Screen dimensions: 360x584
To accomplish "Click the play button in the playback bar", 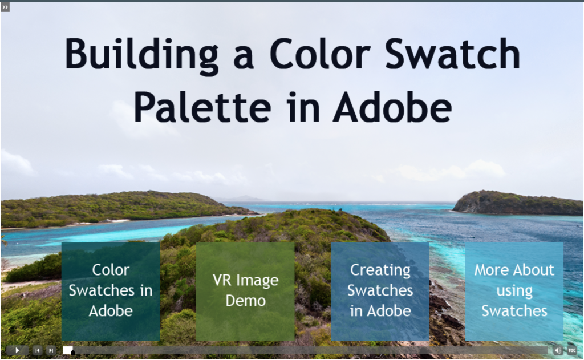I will click(17, 350).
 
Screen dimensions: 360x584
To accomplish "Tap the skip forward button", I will click(51, 350).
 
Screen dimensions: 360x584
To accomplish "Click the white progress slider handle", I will click(68, 350).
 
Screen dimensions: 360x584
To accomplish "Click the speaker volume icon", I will click(558, 350).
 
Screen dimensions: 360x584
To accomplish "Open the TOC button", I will click(571, 350).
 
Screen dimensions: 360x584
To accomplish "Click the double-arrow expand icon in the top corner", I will click(5, 7).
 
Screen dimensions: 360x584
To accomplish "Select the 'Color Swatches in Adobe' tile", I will click(111, 291).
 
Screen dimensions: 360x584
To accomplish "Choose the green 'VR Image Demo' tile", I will click(245, 291).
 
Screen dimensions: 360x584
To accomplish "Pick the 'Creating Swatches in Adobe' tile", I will click(380, 291).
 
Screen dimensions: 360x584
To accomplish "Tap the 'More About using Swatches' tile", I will click(514, 291).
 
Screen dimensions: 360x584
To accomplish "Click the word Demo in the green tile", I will click(246, 301).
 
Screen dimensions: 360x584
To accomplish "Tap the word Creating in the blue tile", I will click(380, 270).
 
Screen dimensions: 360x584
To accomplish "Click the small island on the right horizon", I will click(516, 203).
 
